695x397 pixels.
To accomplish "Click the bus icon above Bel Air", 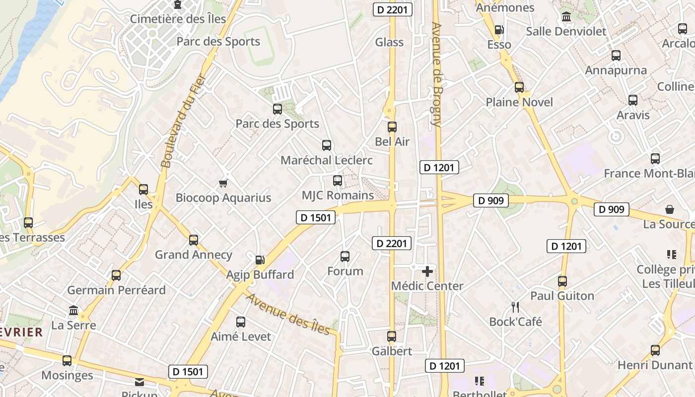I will coord(392,127).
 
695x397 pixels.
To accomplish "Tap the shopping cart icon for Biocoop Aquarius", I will coord(223,184).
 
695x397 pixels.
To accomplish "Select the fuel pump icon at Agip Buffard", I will coord(260,260).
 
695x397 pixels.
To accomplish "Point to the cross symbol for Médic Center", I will coord(427,271).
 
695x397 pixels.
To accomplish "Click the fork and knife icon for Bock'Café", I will coord(515,307).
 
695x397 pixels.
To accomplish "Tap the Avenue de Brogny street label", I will coord(437,74).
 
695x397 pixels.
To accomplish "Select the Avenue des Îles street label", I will coord(288,314).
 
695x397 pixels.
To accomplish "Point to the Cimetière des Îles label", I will coord(178,19).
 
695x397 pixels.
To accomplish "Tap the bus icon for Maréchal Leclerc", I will coord(327,145).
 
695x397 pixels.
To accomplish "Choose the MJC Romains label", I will coord(338,196).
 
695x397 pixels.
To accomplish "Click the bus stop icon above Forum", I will coord(345,257).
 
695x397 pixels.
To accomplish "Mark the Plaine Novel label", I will coord(519,102).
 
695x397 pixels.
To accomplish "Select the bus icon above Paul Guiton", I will coord(562,281).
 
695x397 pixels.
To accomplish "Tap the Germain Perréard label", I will coord(116,290).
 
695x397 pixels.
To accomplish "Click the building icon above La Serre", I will coord(73,311).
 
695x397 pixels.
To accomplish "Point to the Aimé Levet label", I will coord(241,336).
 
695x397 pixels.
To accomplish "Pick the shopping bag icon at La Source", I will coord(670,209).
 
